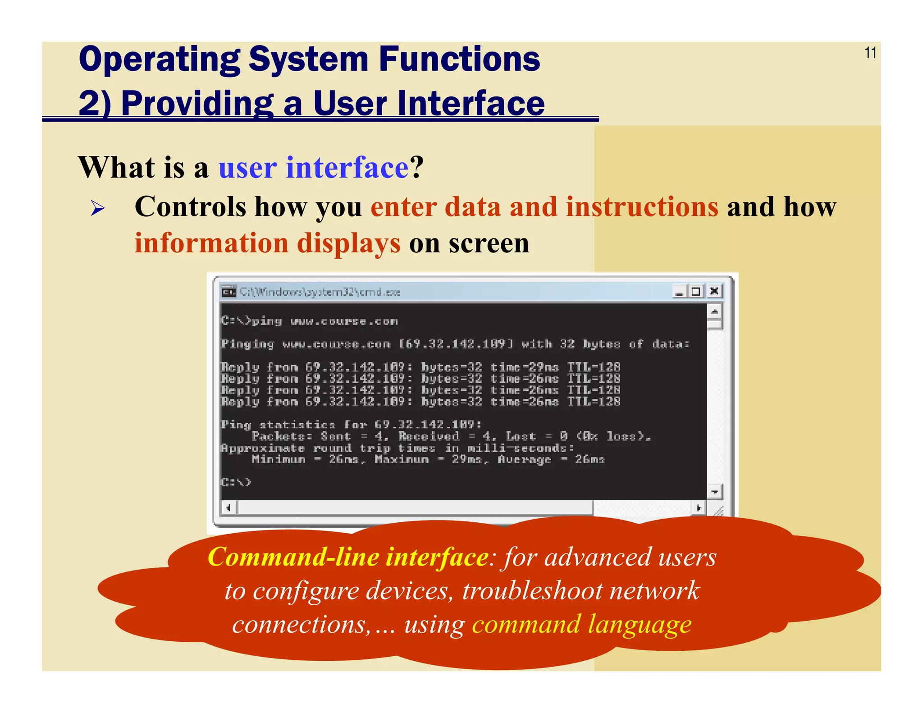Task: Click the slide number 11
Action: tap(870, 53)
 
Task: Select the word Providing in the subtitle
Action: tap(197, 104)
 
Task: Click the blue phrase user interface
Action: tap(313, 168)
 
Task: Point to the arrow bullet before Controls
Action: tap(97, 208)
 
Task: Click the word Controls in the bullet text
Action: tap(190, 207)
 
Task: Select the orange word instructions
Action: tap(642, 207)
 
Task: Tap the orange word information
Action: tap(211, 243)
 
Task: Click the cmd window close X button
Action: tap(714, 291)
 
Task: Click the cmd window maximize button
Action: tap(696, 291)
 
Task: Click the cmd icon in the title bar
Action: tap(229, 292)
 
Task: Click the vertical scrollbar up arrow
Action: tap(714, 311)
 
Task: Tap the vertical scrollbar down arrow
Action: tap(714, 492)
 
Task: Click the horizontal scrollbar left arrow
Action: tap(228, 508)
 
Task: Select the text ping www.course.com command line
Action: tap(309, 321)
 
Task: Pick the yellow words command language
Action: tap(581, 625)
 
